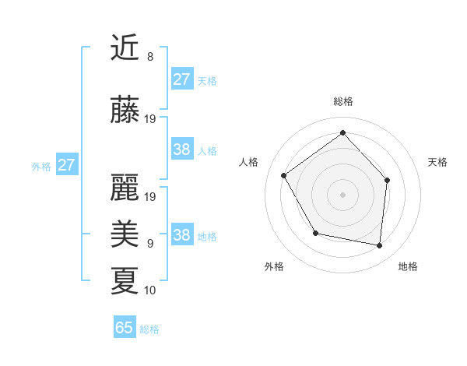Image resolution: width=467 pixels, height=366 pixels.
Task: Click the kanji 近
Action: point(125,48)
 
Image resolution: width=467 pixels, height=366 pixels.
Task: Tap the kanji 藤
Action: point(125,111)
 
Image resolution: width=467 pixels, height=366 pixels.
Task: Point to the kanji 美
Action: point(125,234)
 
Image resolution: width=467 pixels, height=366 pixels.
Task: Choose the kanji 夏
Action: point(125,280)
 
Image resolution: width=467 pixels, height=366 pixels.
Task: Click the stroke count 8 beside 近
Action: point(149,57)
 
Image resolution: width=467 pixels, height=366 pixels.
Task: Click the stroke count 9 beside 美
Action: point(149,244)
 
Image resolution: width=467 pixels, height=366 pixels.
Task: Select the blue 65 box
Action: point(125,328)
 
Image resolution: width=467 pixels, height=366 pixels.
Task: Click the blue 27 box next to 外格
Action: point(67,165)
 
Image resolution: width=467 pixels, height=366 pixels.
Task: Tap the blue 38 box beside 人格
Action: point(182,150)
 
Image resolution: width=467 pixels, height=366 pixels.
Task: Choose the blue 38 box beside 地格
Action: point(182,235)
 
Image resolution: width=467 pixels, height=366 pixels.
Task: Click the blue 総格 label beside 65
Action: point(149,329)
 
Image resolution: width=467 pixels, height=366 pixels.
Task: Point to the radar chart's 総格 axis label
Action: point(343,102)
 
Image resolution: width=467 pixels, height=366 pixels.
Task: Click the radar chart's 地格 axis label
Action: point(408,267)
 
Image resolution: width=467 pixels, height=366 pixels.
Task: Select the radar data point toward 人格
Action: point(284,175)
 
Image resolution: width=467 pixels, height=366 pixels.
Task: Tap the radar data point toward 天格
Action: point(388,180)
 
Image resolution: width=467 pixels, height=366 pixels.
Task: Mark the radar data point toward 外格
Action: point(315,233)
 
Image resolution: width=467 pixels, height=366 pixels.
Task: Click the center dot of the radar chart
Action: point(342,194)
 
